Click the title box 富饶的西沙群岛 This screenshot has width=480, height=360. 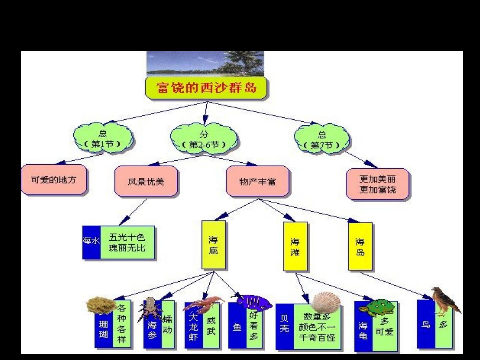point(206,88)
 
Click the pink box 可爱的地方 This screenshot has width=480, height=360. point(54,180)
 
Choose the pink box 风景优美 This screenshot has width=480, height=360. point(146,182)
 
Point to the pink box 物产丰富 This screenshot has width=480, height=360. point(257,182)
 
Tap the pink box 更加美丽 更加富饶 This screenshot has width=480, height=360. point(378,184)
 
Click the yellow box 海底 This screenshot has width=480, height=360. point(213,245)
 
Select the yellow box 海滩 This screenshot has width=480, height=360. point(295,247)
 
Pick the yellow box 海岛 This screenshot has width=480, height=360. point(360,247)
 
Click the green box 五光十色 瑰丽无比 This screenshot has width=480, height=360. point(127,243)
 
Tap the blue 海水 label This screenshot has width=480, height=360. point(91,241)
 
